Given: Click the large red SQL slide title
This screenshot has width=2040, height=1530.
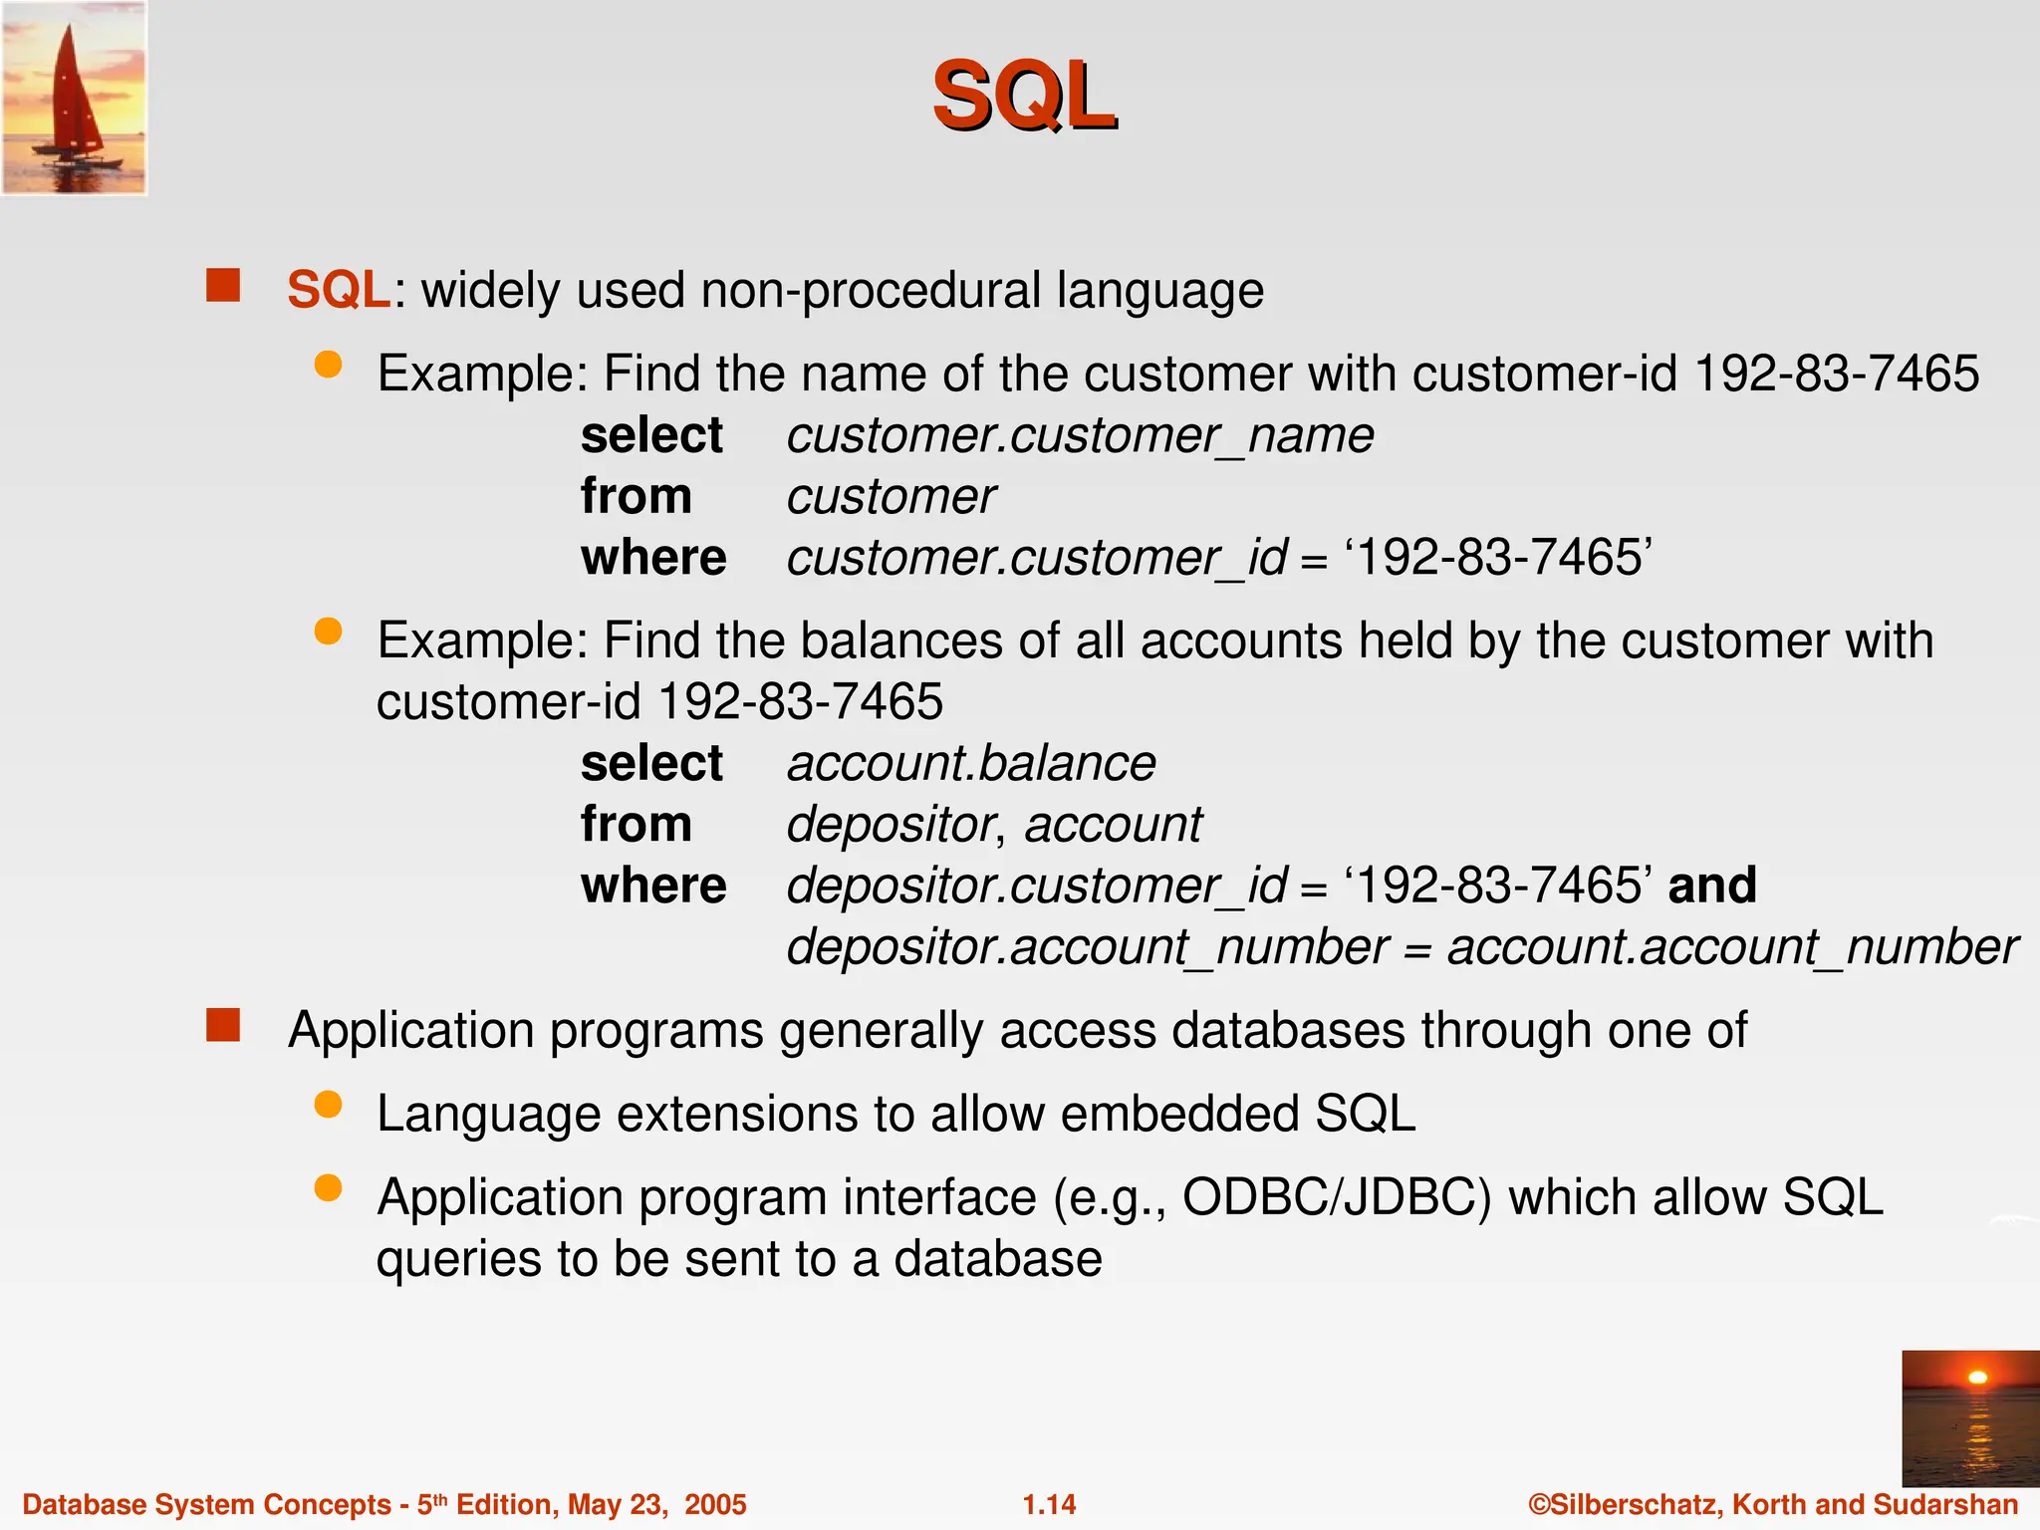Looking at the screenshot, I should click(x=1023, y=97).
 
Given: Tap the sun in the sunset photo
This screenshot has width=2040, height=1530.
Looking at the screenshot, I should click(x=1978, y=1378).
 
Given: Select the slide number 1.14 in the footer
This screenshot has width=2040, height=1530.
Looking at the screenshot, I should click(x=1049, y=1504).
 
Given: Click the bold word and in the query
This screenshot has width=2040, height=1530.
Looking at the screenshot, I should click(x=1712, y=885).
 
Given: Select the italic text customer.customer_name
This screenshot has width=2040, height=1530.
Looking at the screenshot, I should click(x=1080, y=436).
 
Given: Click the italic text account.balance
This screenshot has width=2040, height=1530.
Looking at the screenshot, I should click(x=971, y=764).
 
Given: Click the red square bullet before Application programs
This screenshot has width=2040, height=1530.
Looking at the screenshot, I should click(x=223, y=1025).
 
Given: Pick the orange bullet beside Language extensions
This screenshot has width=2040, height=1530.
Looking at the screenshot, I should click(x=328, y=1105).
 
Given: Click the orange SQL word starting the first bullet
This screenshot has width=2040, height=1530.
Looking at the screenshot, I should click(x=338, y=291).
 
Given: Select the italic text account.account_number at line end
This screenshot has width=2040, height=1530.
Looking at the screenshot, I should click(x=1732, y=947).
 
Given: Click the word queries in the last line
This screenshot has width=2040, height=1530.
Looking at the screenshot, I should click(x=457, y=1260).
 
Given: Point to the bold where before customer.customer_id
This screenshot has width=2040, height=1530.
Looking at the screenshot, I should click(x=653, y=558).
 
